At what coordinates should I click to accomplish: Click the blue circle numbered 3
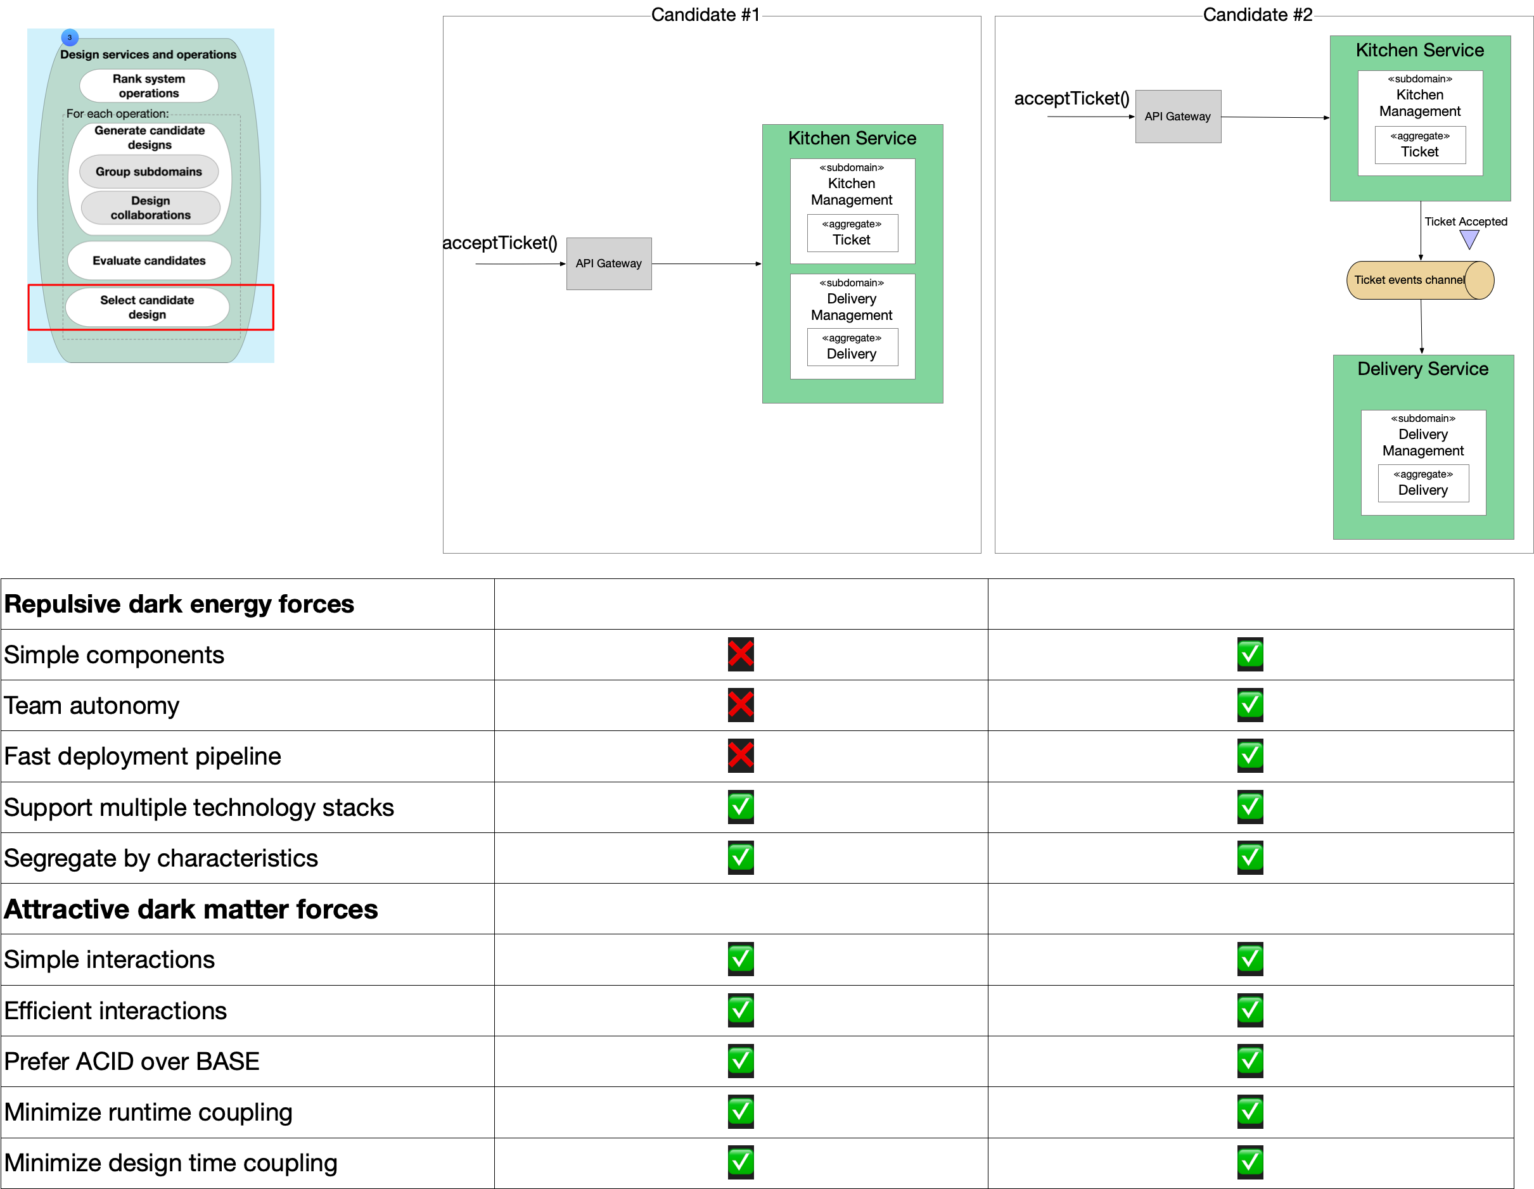tap(70, 37)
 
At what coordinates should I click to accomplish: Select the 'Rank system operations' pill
tap(149, 86)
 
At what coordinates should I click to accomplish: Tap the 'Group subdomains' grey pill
tap(149, 172)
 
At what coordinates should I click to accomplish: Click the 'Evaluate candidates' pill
tap(149, 260)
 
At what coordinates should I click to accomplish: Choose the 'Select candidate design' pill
tap(148, 307)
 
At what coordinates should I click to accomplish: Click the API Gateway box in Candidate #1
tap(609, 264)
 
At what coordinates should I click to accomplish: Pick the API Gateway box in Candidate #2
tap(1178, 117)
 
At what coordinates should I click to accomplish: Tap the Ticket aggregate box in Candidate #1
tap(852, 232)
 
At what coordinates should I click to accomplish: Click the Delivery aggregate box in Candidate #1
tap(852, 347)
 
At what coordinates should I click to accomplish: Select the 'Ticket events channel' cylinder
tap(1419, 280)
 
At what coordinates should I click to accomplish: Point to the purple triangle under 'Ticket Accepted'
tap(1469, 240)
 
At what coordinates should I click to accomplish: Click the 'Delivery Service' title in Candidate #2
tap(1422, 369)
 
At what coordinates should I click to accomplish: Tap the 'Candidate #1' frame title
tap(705, 15)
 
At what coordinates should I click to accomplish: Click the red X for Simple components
tap(740, 654)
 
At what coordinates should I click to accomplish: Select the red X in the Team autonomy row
tap(740, 705)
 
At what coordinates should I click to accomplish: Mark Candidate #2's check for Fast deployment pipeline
tap(1250, 756)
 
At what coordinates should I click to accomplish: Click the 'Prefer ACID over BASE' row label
tap(132, 1061)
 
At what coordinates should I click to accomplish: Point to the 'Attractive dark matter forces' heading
tap(191, 909)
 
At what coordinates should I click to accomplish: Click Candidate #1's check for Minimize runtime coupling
tap(740, 1112)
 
